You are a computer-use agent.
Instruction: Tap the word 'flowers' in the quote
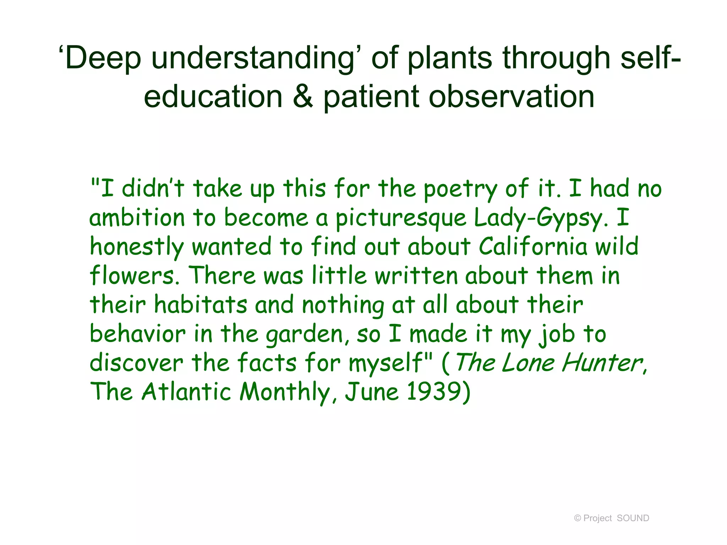pyautogui.click(x=134, y=276)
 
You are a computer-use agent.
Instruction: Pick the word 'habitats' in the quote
pyautogui.click(x=201, y=305)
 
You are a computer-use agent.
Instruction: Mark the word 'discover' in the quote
pyautogui.click(x=136, y=363)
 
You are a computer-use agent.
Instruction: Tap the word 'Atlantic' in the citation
pyautogui.click(x=186, y=392)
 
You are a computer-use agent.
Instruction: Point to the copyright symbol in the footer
pyautogui.click(x=578, y=518)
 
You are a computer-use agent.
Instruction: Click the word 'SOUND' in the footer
pyautogui.click(x=633, y=518)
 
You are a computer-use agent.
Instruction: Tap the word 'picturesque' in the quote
pyautogui.click(x=400, y=218)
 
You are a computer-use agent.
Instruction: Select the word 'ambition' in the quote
pyautogui.click(x=137, y=218)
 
